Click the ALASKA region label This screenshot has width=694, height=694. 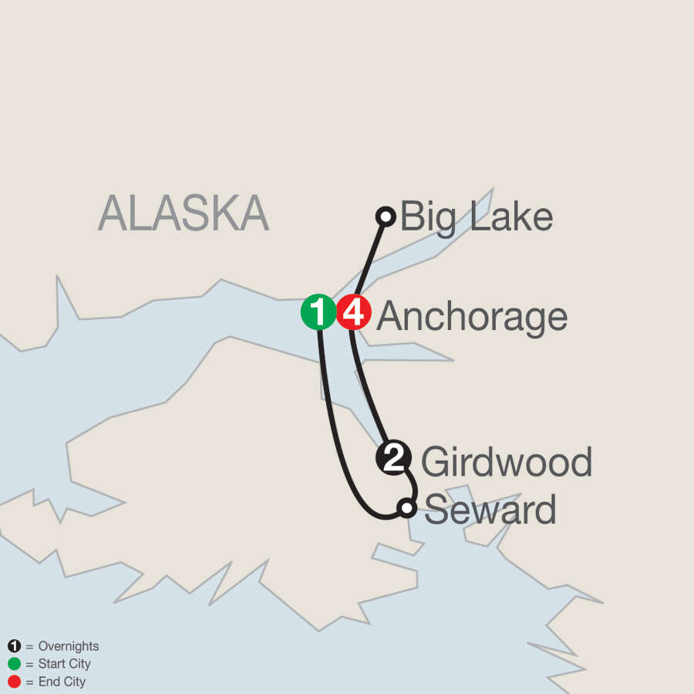[x=184, y=214]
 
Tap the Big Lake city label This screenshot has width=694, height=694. [x=476, y=217]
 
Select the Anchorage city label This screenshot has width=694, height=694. [x=472, y=316]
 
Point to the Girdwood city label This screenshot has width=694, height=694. [x=506, y=462]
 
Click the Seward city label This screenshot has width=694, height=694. [x=490, y=510]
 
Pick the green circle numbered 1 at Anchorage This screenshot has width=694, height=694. [x=318, y=313]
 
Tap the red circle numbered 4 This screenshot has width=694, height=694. [x=354, y=313]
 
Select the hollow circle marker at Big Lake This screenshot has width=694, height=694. [x=386, y=216]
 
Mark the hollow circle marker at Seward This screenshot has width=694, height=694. [x=406, y=507]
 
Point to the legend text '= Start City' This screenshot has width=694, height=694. [x=59, y=664]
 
